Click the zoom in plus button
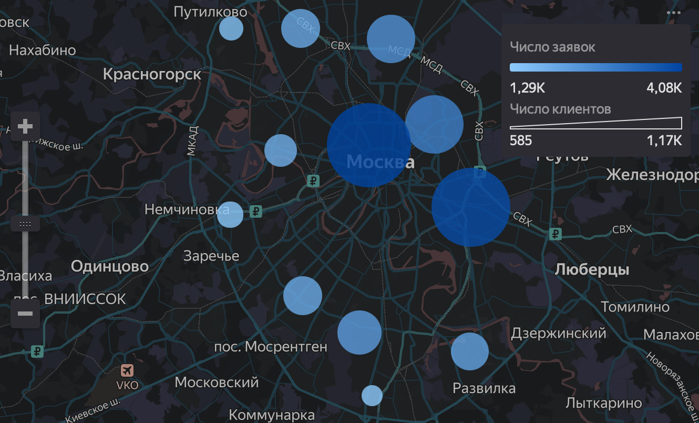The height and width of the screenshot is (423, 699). [25, 127]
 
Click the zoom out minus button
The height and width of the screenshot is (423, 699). [25, 314]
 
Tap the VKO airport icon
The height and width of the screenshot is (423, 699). [127, 371]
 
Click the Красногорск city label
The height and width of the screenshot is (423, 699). [152, 74]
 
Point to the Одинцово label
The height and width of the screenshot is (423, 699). [110, 267]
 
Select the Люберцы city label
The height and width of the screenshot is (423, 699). [592, 270]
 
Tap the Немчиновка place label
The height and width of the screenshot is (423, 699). [187, 210]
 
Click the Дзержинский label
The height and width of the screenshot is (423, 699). [558, 333]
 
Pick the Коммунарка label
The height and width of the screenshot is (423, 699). [272, 415]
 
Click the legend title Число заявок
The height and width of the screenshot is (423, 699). [552, 47]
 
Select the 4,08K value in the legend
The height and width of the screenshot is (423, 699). [664, 88]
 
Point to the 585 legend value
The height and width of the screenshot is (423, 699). [521, 140]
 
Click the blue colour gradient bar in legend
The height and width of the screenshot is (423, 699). [595, 67]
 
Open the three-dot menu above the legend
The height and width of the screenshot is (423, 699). [673, 13]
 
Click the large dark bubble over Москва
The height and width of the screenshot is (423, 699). [368, 145]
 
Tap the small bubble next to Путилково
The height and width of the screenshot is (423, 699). [231, 28]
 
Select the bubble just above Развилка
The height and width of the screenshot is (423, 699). [469, 351]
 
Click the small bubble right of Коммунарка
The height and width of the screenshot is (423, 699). [372, 395]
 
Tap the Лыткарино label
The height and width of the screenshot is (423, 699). [604, 403]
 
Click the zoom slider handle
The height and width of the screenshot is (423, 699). [25, 224]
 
